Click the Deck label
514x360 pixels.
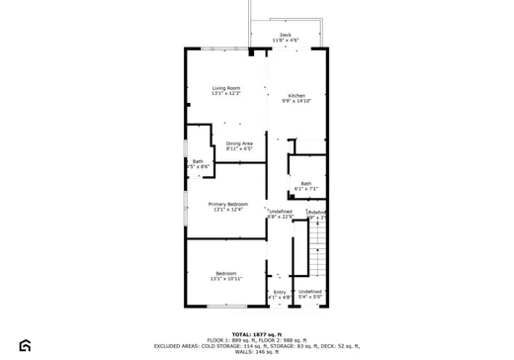coord(286,35)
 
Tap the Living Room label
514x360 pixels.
coord(226,88)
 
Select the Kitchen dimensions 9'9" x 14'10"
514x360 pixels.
coord(297,101)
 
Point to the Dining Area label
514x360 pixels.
coord(239,143)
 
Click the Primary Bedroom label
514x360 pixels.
coord(227,204)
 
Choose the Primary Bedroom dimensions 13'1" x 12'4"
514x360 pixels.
coord(227,210)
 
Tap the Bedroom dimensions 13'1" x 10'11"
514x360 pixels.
coord(226,279)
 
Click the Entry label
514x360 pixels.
coord(280,291)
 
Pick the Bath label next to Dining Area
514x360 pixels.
coord(198,161)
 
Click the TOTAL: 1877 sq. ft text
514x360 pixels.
coord(257,333)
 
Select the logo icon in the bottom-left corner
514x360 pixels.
coord(25,345)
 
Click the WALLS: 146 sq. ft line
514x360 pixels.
coord(257,352)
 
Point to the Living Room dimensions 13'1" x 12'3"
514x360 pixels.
coord(226,94)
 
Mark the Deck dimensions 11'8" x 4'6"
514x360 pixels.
coord(286,41)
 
